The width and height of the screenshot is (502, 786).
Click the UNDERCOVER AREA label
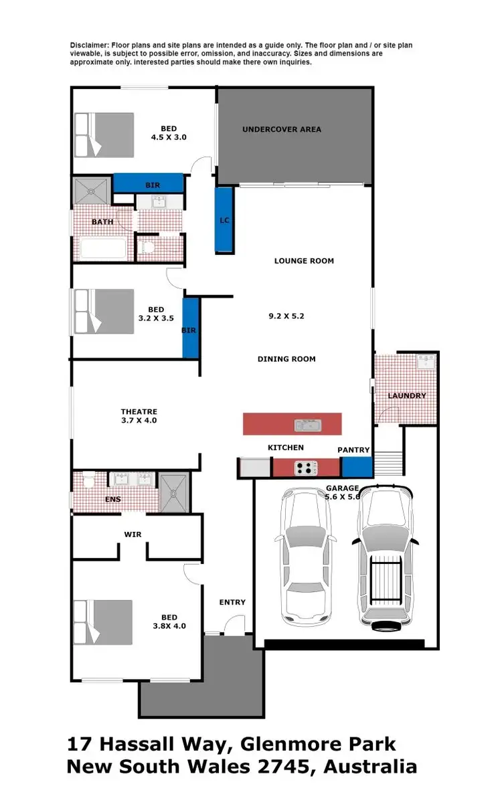(281, 129)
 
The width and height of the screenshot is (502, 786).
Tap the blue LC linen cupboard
(224, 220)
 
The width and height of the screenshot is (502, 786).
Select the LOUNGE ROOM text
(304, 261)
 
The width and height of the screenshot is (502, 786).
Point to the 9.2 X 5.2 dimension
(286, 316)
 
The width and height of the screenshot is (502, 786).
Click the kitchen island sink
(309, 424)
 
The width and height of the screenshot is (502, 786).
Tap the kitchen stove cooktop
(306, 468)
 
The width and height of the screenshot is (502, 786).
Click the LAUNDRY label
(406, 395)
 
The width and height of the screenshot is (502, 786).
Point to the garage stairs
(388, 462)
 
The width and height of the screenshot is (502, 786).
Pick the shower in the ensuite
(174, 493)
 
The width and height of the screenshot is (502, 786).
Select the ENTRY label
(232, 602)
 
